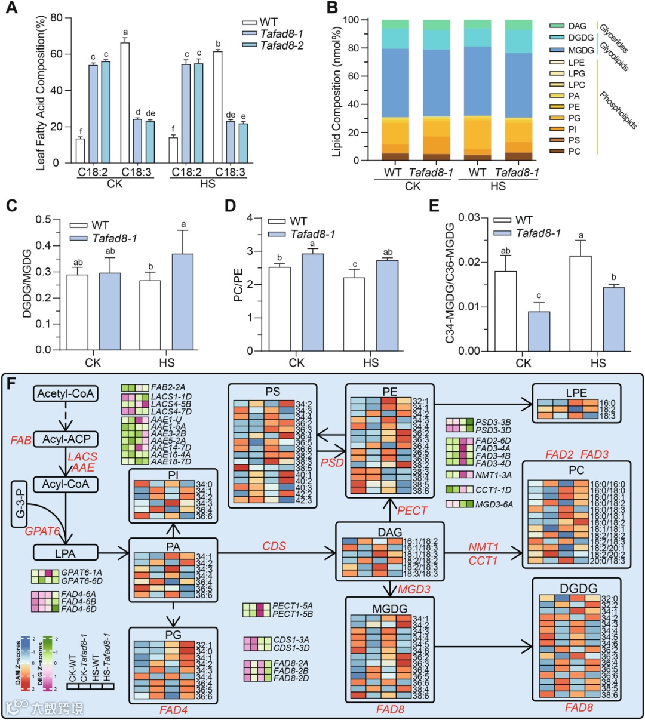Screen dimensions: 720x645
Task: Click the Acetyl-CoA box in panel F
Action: pos(66,393)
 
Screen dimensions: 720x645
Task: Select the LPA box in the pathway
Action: pos(65,553)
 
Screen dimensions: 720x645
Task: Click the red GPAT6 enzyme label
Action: pos(42,531)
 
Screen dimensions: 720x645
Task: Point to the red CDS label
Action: pos(274,546)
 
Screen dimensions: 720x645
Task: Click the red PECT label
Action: pos(412,510)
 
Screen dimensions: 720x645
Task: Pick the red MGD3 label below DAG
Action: pos(414,589)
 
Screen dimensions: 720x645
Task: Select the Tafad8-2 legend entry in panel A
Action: pos(281,45)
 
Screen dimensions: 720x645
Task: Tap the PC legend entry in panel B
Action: pos(574,151)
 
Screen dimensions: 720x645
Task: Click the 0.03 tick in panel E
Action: pos(469,217)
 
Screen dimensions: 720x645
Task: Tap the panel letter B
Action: pos(332,8)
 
